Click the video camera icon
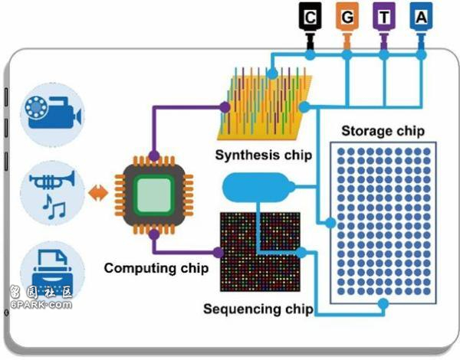click(53, 113)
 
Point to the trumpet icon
click(52, 180)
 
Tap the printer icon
click(51, 271)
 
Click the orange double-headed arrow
click(98, 193)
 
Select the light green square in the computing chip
click(154, 195)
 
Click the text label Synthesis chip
click(264, 155)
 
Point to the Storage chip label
click(383, 131)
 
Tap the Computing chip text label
click(156, 268)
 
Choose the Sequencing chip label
click(258, 309)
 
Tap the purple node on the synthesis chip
click(225, 107)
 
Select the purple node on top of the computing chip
click(154, 155)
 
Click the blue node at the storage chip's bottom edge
click(383, 304)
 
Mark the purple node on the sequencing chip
click(219, 253)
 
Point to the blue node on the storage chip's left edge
click(330, 223)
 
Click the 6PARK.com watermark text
click(41, 304)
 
